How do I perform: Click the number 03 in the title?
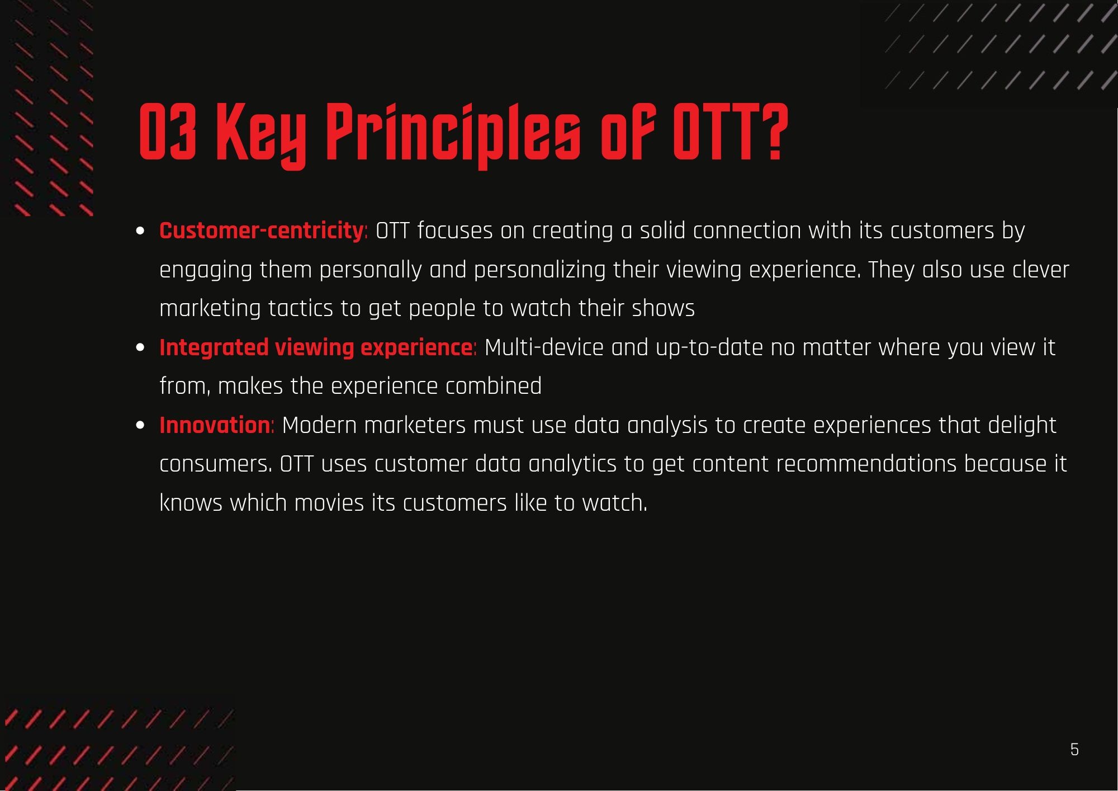pos(167,131)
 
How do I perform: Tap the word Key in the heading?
pos(260,136)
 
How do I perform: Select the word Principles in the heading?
pos(453,136)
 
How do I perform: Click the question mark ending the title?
pos(774,131)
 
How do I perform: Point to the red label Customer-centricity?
pos(262,230)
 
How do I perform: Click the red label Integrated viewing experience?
pos(316,348)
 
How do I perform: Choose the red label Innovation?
pos(215,425)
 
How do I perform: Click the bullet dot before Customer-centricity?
pos(140,231)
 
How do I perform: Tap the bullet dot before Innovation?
pos(140,426)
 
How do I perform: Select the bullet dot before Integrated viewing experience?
pos(140,348)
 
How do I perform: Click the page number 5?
pos(1074,750)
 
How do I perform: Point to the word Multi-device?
pos(544,347)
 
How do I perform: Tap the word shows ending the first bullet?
pos(663,308)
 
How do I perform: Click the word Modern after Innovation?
pos(319,425)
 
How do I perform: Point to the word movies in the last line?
pos(329,503)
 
